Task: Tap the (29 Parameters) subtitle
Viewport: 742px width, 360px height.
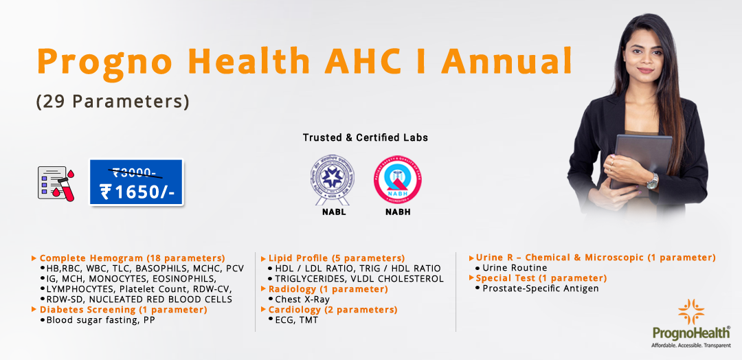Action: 112,101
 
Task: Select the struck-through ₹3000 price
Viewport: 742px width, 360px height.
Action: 136,173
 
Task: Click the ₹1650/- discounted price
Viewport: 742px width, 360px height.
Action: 137,192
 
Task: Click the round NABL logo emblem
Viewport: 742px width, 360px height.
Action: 328,178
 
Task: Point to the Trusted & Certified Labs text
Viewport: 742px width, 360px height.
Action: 366,137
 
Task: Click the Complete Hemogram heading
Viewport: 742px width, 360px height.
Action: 132,258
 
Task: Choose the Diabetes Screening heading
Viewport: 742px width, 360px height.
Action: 123,310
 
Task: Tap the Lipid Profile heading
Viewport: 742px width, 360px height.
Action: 336,258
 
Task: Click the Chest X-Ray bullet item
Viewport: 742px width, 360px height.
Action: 302,300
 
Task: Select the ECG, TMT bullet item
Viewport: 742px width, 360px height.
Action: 296,320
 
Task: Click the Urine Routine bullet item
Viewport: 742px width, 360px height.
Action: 515,268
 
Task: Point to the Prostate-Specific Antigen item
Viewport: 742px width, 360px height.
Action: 540,289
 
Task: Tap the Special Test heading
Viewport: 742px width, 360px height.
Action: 541,278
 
